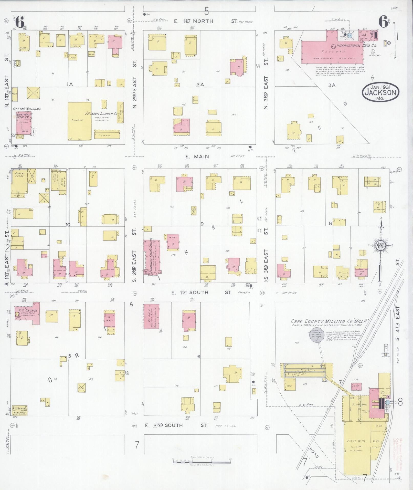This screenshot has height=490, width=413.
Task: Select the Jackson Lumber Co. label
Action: coord(101,113)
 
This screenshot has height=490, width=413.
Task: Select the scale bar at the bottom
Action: coord(202,462)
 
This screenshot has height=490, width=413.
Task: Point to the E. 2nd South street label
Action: coord(164,425)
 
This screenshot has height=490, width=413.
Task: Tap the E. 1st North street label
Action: coord(194,21)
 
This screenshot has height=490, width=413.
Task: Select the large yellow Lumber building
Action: coord(79,121)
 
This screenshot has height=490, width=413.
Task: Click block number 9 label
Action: coord(202,224)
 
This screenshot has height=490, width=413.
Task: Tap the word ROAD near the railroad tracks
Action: coord(314,453)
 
